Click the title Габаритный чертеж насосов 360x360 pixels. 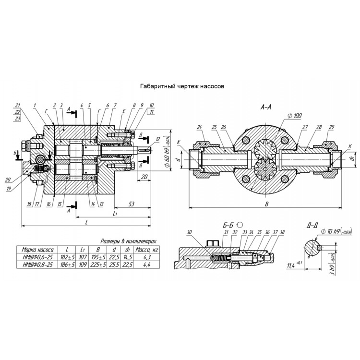pyautogui.click(x=180, y=87)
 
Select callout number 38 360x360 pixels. pyautogui.click(x=282, y=232)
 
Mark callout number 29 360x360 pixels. pyautogui.click(x=331, y=127)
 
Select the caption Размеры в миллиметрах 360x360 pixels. pyautogui.click(x=128, y=241)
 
